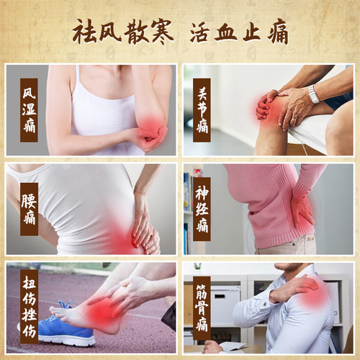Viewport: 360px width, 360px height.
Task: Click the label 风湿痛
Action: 29,110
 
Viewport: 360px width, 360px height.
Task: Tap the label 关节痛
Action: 202,110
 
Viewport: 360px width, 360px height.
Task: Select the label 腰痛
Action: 29,209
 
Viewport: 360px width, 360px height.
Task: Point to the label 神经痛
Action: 202,209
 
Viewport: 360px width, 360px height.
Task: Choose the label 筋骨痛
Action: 202,308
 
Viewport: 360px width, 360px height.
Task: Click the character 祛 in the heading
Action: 85,32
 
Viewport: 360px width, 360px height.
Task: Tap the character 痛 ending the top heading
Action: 278,32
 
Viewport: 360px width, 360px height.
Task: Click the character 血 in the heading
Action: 226,32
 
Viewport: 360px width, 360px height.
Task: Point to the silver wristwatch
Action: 314,94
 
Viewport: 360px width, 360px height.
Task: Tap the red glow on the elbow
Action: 150,127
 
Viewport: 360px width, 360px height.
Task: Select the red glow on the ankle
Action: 102,312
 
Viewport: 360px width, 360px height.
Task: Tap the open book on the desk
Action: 232,346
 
